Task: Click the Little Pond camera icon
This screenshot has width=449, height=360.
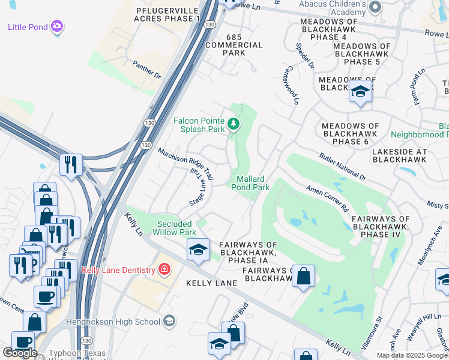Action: [57, 26]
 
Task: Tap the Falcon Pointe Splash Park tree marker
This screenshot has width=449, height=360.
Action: [234, 124]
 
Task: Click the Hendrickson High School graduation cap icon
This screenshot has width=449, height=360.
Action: [169, 321]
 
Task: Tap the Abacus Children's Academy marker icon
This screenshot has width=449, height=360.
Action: [375, 7]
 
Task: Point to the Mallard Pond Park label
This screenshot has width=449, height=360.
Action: [250, 183]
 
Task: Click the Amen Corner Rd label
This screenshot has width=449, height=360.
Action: [328, 199]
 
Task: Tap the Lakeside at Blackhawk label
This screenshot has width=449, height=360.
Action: [399, 156]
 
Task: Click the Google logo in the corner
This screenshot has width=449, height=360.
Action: [19, 353]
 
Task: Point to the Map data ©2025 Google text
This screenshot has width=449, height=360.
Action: [411, 355]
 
